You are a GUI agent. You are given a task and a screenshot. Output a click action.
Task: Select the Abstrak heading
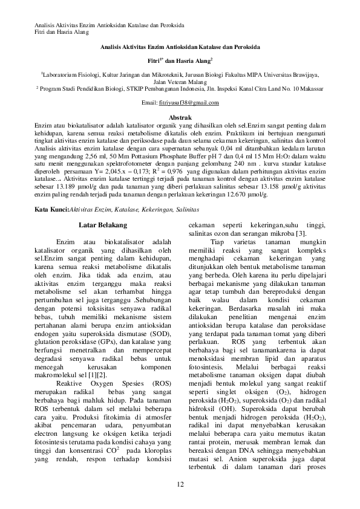click(x=180, y=117)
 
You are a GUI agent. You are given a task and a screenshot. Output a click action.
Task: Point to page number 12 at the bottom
click(x=180, y=485)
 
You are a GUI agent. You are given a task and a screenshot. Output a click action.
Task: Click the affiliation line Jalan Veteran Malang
click(x=180, y=81)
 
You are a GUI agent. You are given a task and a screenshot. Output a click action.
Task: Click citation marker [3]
click(x=301, y=233)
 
